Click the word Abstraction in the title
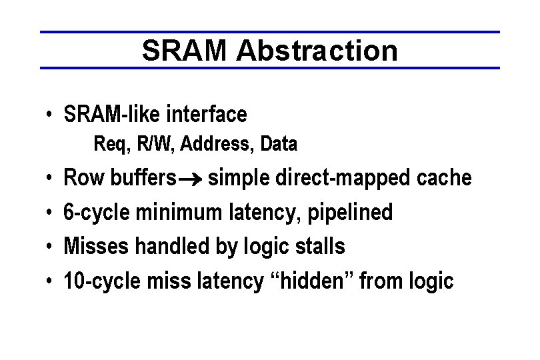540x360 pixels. pyautogui.click(x=316, y=51)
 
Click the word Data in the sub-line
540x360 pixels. pyautogui.click(x=279, y=143)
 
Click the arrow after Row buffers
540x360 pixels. pyautogui.click(x=191, y=179)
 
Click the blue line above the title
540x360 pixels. pyautogui.click(x=269, y=32)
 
